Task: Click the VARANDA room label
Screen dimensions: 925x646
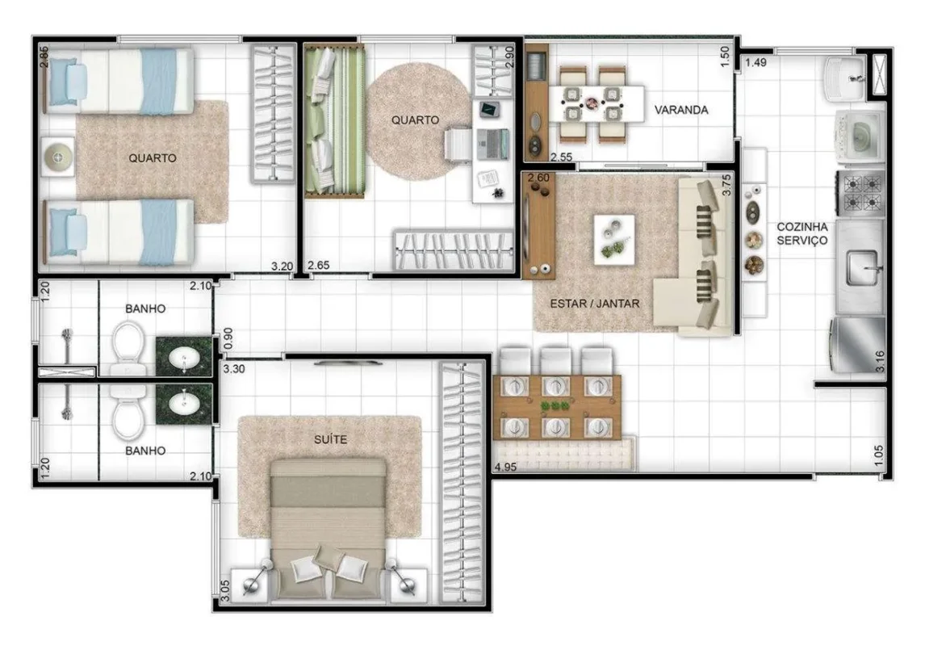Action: [x=680, y=110]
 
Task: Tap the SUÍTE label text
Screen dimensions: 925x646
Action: [x=330, y=439]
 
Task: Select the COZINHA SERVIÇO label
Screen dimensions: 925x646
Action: [x=802, y=233]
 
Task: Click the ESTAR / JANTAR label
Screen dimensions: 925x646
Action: [x=595, y=304]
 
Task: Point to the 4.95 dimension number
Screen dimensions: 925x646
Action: [x=505, y=467]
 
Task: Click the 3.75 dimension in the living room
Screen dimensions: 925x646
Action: [x=726, y=185]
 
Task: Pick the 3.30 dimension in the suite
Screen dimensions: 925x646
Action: [x=234, y=369]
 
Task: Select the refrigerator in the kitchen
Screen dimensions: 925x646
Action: [x=858, y=346]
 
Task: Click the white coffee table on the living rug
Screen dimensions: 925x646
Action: [x=614, y=240]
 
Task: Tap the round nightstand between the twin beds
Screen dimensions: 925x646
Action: [x=58, y=157]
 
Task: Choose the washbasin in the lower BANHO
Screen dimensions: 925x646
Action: [x=184, y=404]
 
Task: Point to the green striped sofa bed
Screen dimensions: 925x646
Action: [x=334, y=121]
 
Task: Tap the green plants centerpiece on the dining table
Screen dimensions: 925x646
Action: [x=555, y=406]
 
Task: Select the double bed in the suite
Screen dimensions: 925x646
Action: [x=328, y=529]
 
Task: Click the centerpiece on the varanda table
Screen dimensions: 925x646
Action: [x=592, y=104]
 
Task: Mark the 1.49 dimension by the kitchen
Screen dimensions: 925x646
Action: [x=755, y=62]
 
